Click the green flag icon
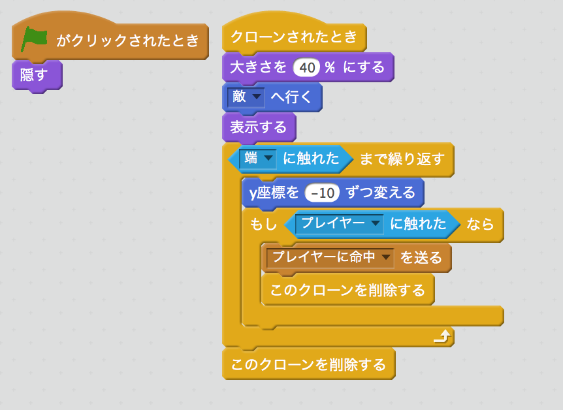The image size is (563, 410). pyautogui.click(x=34, y=39)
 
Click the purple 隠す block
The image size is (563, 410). pyautogui.click(x=35, y=75)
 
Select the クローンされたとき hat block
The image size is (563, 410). pyautogui.click(x=294, y=37)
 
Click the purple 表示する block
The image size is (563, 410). pyautogui.click(x=258, y=127)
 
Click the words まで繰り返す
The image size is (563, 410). pyautogui.click(x=402, y=159)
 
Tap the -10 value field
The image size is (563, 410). pyautogui.click(x=323, y=193)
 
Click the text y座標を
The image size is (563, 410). pyautogui.click(x=274, y=193)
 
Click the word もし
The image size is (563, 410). pyautogui.click(x=263, y=225)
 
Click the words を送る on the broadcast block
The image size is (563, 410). pyautogui.click(x=421, y=258)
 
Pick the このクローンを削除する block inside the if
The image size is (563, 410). pyautogui.click(x=347, y=289)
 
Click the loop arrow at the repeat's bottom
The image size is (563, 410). pyautogui.click(x=442, y=336)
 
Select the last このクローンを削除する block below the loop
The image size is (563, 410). pyautogui.click(x=308, y=364)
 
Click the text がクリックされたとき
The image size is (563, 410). pyautogui.click(x=127, y=40)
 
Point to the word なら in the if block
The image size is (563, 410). pyautogui.click(x=480, y=225)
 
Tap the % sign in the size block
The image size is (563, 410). pyautogui.click(x=329, y=67)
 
